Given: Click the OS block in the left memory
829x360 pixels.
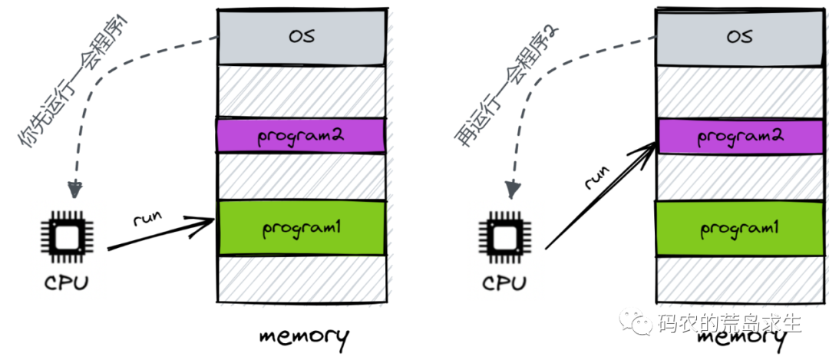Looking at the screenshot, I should pyautogui.click(x=301, y=36).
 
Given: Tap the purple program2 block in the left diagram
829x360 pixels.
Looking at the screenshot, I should pyautogui.click(x=301, y=136).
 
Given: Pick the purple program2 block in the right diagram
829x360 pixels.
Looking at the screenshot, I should pyautogui.click(x=740, y=137).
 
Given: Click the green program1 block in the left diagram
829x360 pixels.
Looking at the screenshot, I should pyautogui.click(x=301, y=227).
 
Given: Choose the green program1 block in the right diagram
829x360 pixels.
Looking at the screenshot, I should pyautogui.click(x=740, y=228).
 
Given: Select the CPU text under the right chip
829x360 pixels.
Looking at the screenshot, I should pyautogui.click(x=504, y=282).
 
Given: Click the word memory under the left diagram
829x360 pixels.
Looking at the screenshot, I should pyautogui.click(x=303, y=335).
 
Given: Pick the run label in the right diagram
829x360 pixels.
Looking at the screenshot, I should pyautogui.click(x=596, y=177).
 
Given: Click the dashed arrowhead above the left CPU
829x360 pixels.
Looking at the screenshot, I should pyautogui.click(x=75, y=188).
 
